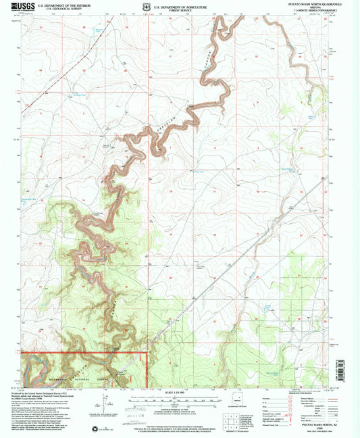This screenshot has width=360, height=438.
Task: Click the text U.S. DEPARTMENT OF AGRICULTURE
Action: (179, 5)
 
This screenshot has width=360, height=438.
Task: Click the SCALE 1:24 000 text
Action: (180, 393)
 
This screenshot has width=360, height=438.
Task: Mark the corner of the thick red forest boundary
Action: (147, 352)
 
